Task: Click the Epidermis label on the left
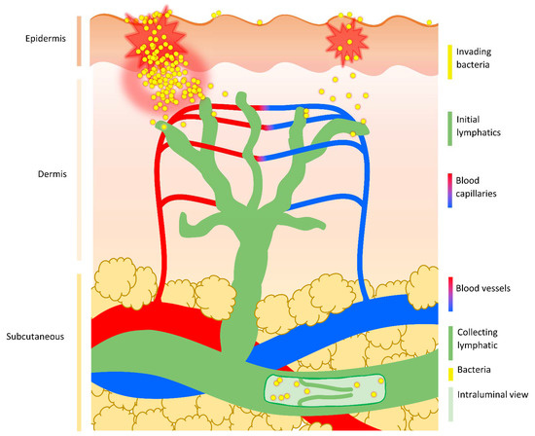pos(40,39)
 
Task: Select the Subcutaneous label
pos(34,336)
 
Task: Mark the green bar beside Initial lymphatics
pos(450,126)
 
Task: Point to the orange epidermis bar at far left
pos(77,40)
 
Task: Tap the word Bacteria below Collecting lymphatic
pos(478,370)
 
